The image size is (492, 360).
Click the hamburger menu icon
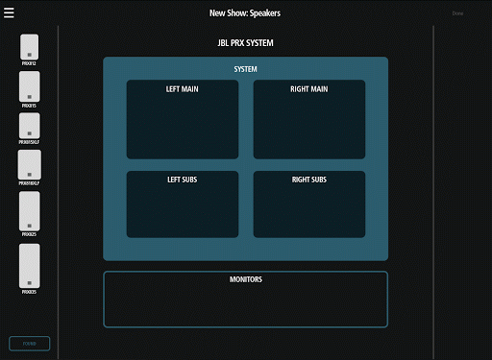[x=10, y=13]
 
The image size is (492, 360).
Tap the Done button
[x=457, y=13]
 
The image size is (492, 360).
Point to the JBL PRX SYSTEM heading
[x=245, y=44]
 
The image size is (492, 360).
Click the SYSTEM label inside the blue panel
[x=245, y=69]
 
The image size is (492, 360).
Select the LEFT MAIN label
[x=182, y=89]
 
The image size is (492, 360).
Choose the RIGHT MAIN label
[x=308, y=89]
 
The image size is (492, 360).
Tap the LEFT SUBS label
[x=182, y=180]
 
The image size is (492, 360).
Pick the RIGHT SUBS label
[x=308, y=180]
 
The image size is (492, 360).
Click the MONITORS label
[x=245, y=279]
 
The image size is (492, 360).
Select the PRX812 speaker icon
[x=29, y=46]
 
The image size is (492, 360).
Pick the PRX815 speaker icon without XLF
[x=29, y=85]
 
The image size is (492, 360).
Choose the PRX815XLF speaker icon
[x=29, y=125]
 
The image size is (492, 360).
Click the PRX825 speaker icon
[x=29, y=210]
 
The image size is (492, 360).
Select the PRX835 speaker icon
[x=29, y=265]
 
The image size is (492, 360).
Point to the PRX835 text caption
[x=29, y=292]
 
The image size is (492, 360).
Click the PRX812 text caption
[x=29, y=63]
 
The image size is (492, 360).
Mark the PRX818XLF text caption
[x=29, y=181]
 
